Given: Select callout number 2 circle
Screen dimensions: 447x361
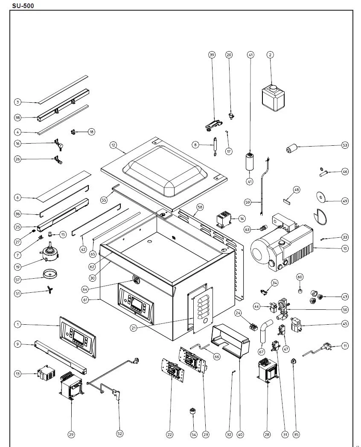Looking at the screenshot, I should click(x=270, y=55).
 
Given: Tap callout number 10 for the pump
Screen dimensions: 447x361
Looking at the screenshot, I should click(x=345, y=248).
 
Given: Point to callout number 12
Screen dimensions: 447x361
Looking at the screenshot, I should click(x=113, y=145).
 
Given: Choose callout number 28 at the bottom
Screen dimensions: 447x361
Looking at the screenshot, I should click(x=267, y=434).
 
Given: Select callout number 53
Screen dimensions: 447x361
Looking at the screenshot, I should click(x=345, y=145).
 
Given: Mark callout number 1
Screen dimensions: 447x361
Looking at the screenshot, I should click(x=17, y=325).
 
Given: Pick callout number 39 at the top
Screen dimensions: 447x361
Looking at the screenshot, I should click(x=212, y=55).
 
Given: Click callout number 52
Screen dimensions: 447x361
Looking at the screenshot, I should click(x=120, y=434).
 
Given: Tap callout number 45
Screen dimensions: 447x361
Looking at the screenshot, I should click(x=345, y=324).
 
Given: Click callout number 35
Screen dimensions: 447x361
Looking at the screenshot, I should click(x=296, y=434).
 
